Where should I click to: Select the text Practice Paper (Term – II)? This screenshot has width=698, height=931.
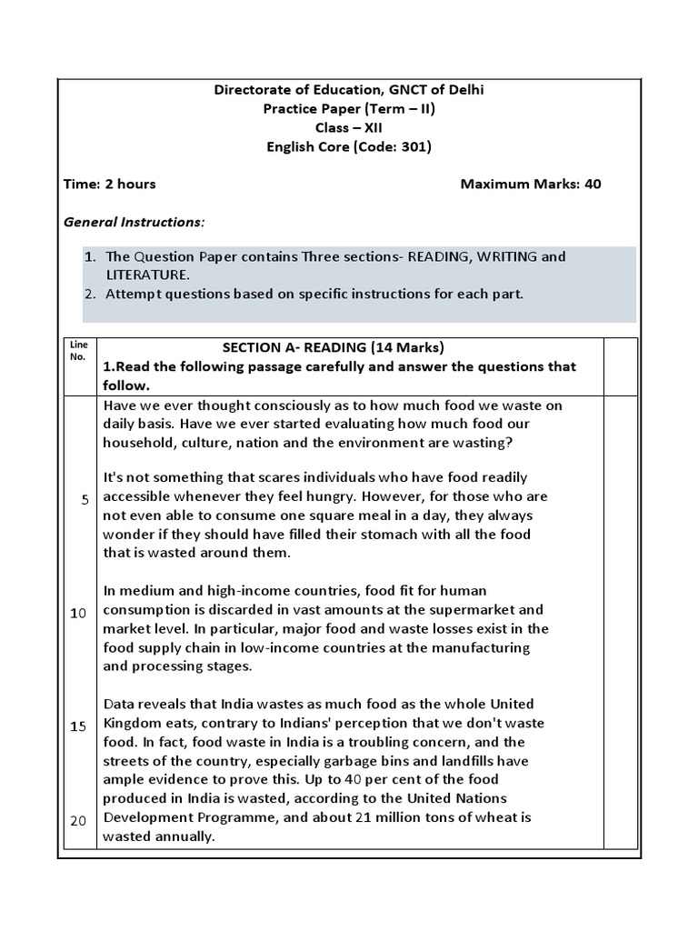[349, 109]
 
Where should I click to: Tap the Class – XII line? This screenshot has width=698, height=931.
[349, 128]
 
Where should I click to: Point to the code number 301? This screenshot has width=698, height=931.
[414, 146]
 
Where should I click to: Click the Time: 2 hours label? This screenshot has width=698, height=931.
[109, 185]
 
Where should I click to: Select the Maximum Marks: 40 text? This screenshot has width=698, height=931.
[531, 185]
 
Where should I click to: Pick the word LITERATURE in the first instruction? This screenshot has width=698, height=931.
[147, 275]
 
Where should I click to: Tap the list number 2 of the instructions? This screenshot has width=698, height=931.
[90, 294]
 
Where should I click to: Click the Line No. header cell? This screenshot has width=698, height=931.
[78, 351]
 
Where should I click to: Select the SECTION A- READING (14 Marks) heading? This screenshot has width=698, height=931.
[334, 347]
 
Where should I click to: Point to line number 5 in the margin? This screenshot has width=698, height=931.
[84, 501]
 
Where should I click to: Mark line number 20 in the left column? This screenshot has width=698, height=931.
[78, 820]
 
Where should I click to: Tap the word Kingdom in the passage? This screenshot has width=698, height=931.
[132, 723]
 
